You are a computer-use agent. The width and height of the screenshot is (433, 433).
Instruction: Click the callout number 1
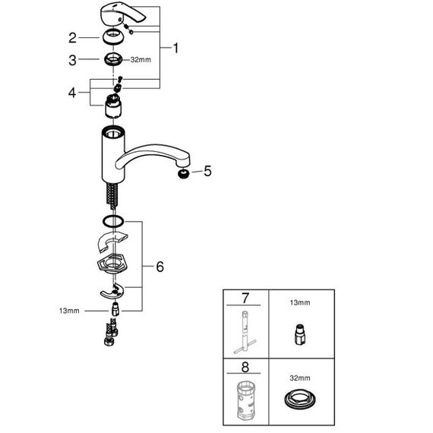(x=175, y=48)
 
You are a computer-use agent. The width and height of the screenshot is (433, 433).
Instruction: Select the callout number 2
(x=72, y=38)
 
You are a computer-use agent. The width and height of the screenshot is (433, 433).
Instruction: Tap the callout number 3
(x=72, y=60)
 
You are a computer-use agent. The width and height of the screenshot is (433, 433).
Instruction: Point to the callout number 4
(x=72, y=93)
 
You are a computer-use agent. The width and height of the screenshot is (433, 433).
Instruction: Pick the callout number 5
(x=207, y=171)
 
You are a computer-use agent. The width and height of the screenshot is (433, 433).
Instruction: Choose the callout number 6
(x=160, y=267)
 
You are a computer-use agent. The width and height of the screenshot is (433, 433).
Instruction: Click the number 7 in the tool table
(x=245, y=299)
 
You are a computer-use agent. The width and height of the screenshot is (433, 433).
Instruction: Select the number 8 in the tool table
(x=245, y=367)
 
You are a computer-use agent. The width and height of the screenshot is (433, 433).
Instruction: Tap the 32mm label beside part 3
(x=141, y=60)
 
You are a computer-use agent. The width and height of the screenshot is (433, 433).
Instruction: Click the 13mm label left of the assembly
(x=69, y=311)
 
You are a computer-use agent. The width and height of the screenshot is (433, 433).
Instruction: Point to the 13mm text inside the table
(x=300, y=302)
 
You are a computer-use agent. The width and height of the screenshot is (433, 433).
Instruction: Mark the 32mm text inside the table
(x=300, y=378)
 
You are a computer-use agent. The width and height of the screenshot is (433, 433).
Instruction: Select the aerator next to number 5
(x=184, y=174)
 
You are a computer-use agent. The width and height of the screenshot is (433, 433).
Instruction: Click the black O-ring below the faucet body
(x=113, y=221)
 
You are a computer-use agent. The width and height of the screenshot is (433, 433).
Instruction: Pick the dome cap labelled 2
(x=113, y=36)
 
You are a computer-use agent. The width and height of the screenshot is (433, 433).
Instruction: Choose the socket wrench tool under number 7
(x=245, y=332)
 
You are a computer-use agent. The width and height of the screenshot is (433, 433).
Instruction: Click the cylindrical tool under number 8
(x=245, y=400)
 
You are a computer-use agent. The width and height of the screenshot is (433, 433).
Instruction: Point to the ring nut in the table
(x=300, y=400)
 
